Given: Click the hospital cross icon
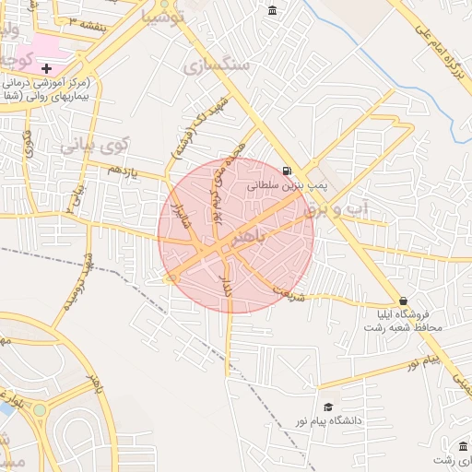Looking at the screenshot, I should click(46, 68).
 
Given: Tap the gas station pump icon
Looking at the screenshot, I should click(289, 171).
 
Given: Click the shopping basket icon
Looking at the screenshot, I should click(403, 301).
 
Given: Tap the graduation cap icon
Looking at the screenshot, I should click(328, 407).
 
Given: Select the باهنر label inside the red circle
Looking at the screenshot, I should click(274, 239).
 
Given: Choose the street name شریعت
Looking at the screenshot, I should click(289, 294).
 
